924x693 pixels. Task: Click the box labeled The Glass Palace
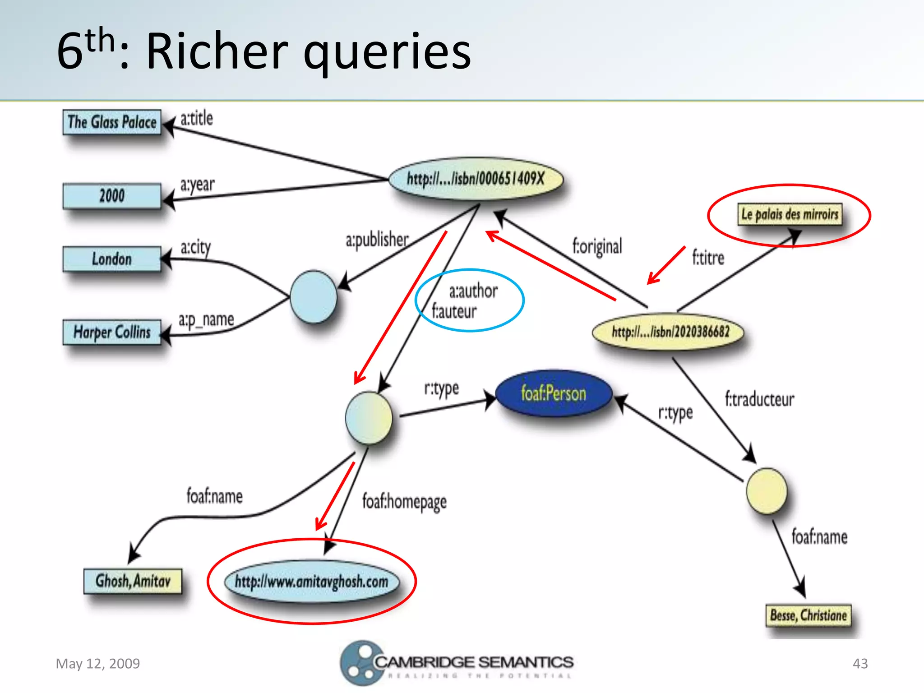112,122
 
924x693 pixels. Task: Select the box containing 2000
112,196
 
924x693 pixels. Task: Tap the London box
112,259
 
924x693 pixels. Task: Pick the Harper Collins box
112,333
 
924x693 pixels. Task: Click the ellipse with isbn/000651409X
476,179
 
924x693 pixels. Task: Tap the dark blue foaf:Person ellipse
554,393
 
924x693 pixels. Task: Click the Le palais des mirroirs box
790,214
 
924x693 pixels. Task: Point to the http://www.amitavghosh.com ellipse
311,581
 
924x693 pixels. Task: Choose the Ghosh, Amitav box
133,581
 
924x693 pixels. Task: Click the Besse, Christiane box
808,615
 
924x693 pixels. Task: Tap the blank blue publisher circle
313,297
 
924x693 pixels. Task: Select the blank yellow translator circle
766,491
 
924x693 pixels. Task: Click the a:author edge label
473,291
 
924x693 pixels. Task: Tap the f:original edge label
597,246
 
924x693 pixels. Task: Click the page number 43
860,664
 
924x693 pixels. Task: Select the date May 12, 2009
98,664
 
